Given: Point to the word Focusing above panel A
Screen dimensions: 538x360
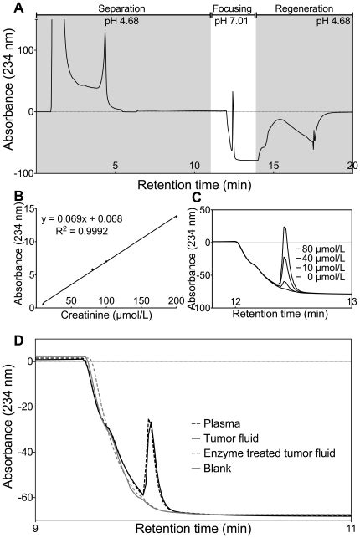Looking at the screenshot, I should (x=232, y=7).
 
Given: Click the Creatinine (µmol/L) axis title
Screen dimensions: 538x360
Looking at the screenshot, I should (x=109, y=313).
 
